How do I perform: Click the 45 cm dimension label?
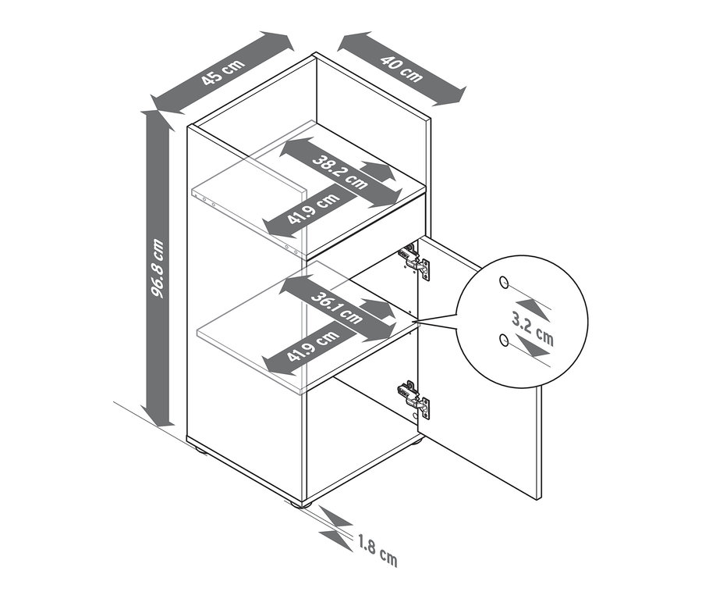click(x=223, y=71)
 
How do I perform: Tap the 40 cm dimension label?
click(x=402, y=69)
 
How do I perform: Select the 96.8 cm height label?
click(x=157, y=268)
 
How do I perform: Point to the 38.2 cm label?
click(x=340, y=172)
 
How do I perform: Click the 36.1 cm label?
click(x=336, y=308)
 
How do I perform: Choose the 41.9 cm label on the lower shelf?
click(x=314, y=345)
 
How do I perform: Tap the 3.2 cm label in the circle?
click(x=533, y=330)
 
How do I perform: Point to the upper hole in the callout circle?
click(x=504, y=282)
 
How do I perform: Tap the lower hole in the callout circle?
click(x=504, y=341)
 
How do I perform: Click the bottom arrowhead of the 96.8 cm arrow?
click(x=157, y=416)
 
